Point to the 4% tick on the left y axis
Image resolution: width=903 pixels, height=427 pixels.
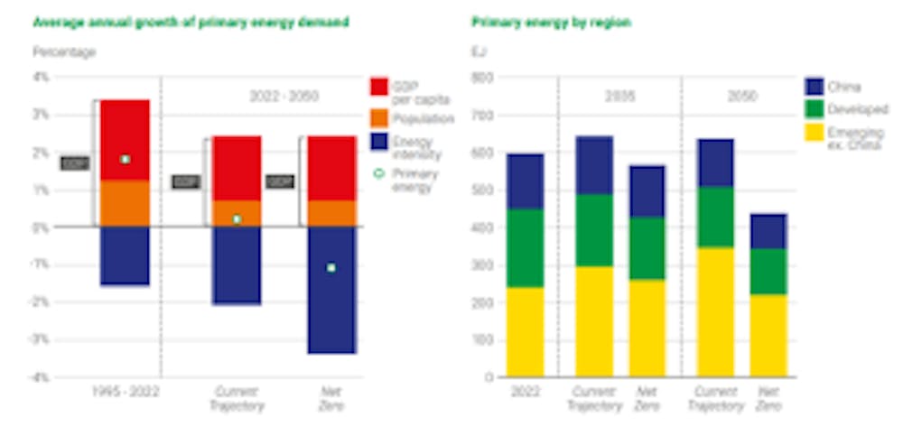pos(41,78)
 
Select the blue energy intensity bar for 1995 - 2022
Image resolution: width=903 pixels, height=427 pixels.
pos(125,255)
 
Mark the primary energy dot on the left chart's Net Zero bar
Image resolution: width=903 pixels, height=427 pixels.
pos(331,268)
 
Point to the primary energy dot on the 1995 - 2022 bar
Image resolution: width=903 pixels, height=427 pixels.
pos(125,159)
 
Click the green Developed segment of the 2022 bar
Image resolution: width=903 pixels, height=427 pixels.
pos(525,248)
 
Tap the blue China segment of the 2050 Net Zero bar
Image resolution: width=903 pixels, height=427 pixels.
pos(768,231)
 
